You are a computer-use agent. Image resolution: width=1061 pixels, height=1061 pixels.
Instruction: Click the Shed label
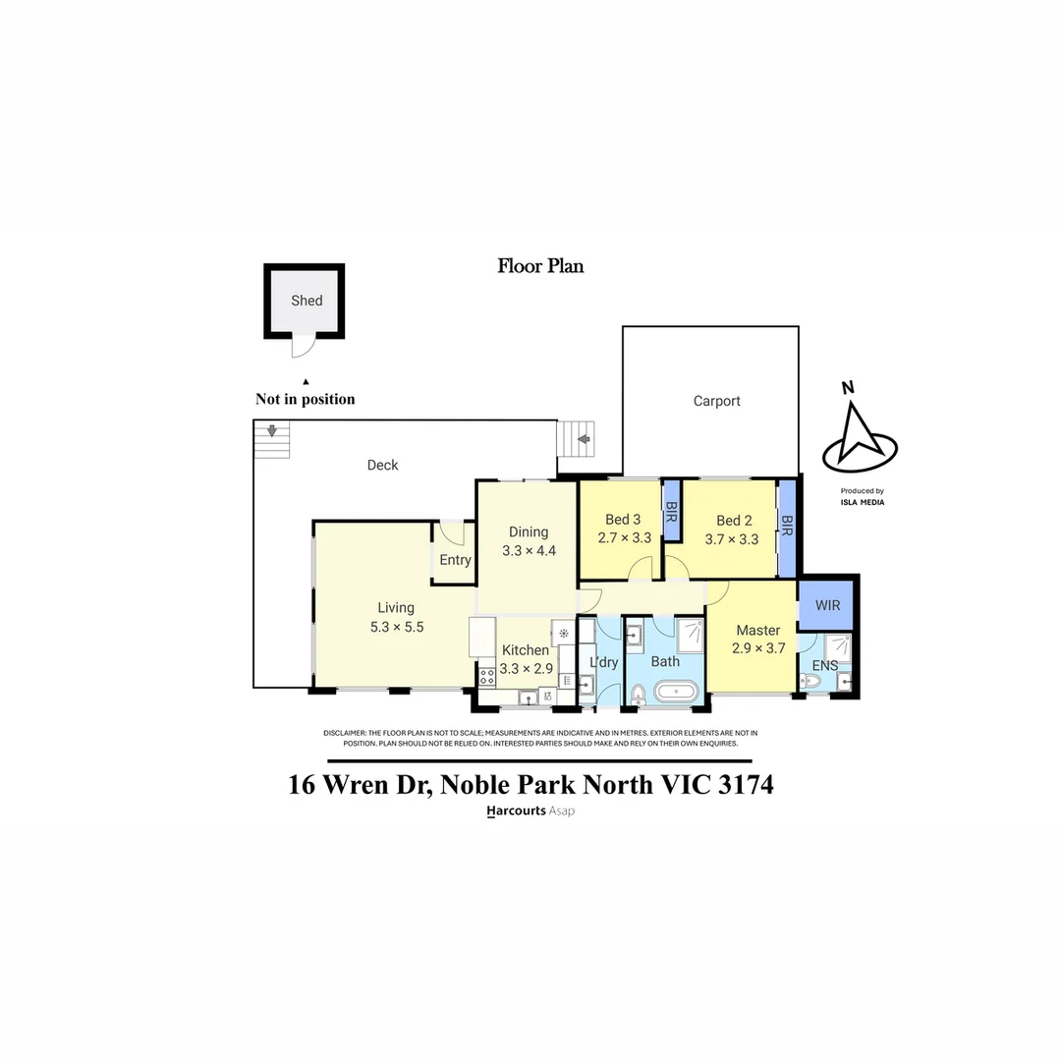307,301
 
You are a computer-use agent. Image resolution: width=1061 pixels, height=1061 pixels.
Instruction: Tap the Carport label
716,401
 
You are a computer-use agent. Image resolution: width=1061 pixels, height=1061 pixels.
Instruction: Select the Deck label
382,465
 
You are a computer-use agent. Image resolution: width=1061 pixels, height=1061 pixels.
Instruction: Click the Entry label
455,560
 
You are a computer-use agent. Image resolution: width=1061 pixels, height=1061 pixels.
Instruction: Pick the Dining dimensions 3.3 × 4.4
529,551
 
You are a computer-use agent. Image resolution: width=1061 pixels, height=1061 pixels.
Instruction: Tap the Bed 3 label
623,520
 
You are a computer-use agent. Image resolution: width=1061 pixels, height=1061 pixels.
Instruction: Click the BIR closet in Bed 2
787,529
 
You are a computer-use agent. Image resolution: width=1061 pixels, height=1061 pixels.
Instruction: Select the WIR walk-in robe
827,605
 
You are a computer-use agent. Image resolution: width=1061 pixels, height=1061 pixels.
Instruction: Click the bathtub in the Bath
676,693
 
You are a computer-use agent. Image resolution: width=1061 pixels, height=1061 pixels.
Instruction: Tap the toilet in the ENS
810,680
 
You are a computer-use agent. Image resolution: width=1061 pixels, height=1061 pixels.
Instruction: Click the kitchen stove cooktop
486,676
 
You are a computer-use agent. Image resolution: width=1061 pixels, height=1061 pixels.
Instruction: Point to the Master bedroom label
757,630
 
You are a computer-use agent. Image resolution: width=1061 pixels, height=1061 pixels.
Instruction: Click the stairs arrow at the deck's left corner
272,430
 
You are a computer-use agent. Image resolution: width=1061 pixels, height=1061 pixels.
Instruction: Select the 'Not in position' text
306,399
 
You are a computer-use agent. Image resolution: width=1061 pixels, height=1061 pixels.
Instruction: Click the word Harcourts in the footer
516,811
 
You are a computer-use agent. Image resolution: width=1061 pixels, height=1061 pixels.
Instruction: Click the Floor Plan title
540,265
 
